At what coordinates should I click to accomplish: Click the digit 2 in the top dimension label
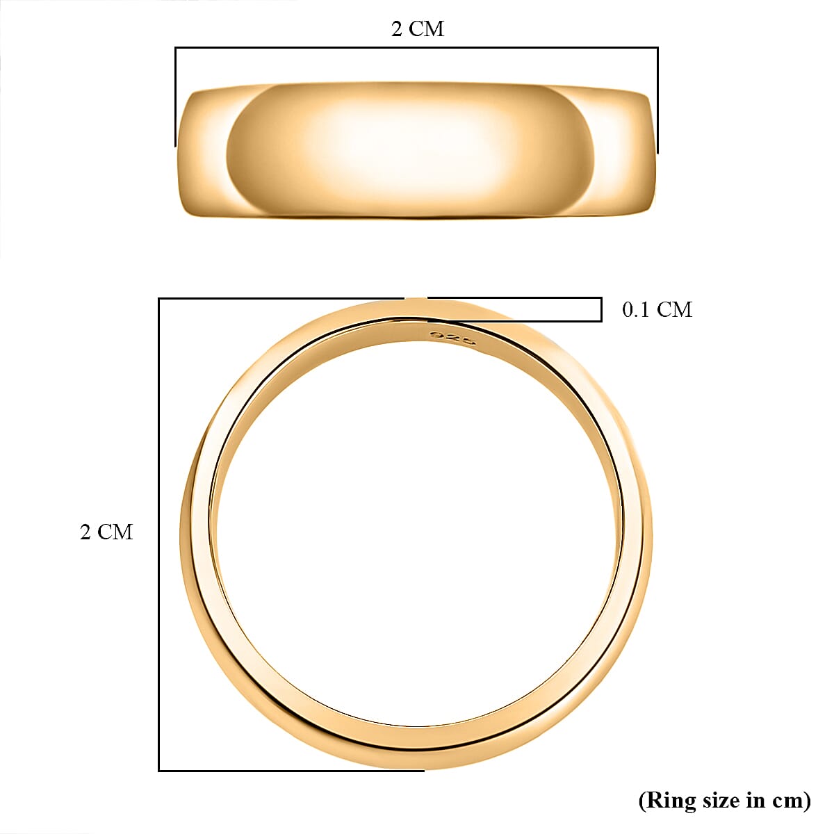click(397, 29)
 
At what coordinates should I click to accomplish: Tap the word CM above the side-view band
click(427, 29)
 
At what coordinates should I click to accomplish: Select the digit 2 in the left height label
click(85, 532)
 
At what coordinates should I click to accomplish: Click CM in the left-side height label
click(115, 532)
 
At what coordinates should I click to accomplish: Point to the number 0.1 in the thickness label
click(636, 310)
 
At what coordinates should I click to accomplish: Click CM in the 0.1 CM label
click(675, 310)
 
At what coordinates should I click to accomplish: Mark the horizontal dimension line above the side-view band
click(417, 48)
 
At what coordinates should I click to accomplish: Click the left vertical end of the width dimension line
click(175, 97)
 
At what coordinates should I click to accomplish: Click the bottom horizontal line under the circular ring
click(292, 770)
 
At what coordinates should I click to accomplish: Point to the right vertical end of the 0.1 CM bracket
click(601, 310)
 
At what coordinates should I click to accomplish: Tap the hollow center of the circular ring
click(417, 535)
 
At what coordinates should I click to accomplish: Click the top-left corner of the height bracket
click(159, 299)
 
